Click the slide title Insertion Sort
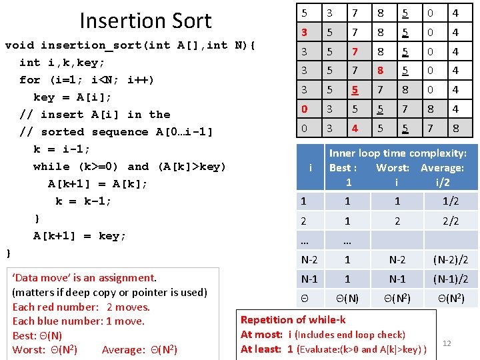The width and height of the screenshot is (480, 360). (x=145, y=21)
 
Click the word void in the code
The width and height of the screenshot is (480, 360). (x=19, y=45)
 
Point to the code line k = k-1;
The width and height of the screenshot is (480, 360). (x=83, y=201)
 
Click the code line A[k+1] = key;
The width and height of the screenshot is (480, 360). (x=79, y=236)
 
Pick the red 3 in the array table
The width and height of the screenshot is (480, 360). (x=304, y=32)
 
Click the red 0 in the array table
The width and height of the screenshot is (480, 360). (x=304, y=109)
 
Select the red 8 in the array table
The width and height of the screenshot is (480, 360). (x=380, y=70)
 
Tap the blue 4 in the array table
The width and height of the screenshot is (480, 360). (x=355, y=128)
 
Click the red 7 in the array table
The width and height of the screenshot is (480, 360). (x=355, y=51)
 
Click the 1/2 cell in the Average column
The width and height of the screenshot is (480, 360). (x=451, y=201)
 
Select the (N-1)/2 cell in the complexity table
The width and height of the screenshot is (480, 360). (x=451, y=279)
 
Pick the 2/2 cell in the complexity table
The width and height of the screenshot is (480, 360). (x=451, y=221)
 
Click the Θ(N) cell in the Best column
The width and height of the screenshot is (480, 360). (x=347, y=299)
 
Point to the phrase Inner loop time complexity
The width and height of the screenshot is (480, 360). (x=397, y=153)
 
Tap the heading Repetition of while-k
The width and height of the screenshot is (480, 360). (x=293, y=320)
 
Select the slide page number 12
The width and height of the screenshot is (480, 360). (x=447, y=343)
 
